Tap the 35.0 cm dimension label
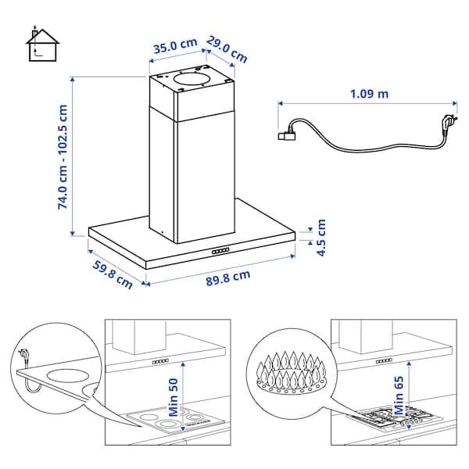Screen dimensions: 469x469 174,47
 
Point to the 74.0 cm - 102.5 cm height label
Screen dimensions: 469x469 63,156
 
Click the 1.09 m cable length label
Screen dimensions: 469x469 370,94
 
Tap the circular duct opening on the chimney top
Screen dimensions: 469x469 192,79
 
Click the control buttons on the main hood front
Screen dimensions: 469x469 220,251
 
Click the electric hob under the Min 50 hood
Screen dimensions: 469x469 170,420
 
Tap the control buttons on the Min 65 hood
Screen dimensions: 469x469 383,362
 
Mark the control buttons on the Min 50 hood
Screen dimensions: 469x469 162,362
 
